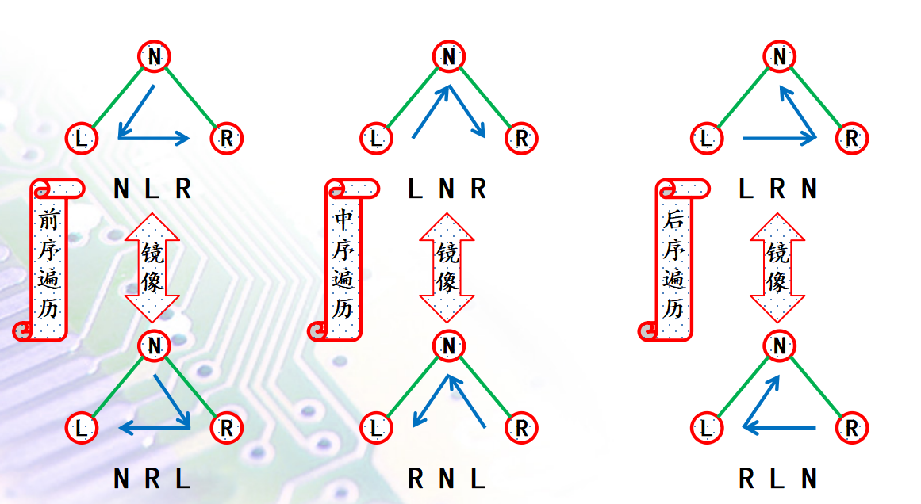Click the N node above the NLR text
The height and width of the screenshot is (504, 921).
pos(155,56)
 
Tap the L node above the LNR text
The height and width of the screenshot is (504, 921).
pos(376,138)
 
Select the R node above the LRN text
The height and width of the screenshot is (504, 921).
pos(852,138)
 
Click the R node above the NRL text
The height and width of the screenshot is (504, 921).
pos(227,428)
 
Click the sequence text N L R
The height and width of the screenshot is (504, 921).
pos(152,189)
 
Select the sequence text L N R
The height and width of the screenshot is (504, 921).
pos(447,189)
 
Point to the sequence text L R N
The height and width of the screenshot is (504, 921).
pos(777,189)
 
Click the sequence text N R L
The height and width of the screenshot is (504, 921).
pos(152,479)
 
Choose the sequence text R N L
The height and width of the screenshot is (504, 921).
pos(447,479)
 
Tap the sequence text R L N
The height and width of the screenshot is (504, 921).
pos(777,479)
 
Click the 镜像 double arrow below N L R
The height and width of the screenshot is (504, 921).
pos(152,267)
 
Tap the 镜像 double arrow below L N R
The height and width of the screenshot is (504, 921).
pos(447,267)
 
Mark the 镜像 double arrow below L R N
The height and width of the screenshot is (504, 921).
pos(777,267)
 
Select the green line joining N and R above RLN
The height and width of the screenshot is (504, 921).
pos(815,388)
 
